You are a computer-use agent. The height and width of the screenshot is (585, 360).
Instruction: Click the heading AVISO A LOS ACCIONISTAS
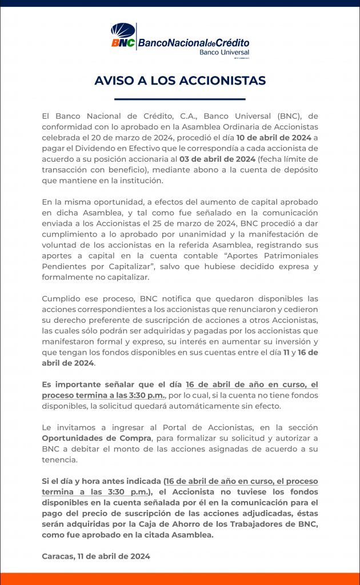[180, 81]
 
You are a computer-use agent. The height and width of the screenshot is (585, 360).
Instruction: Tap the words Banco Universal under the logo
[224, 52]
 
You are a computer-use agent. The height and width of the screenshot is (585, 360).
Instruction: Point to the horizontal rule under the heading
[180, 99]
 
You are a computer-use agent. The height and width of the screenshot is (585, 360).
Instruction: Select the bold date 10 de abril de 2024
[274, 137]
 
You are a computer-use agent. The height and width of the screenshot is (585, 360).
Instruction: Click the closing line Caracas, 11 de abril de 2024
[95, 555]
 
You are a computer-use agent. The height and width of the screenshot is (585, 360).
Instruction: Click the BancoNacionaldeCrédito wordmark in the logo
[194, 43]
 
